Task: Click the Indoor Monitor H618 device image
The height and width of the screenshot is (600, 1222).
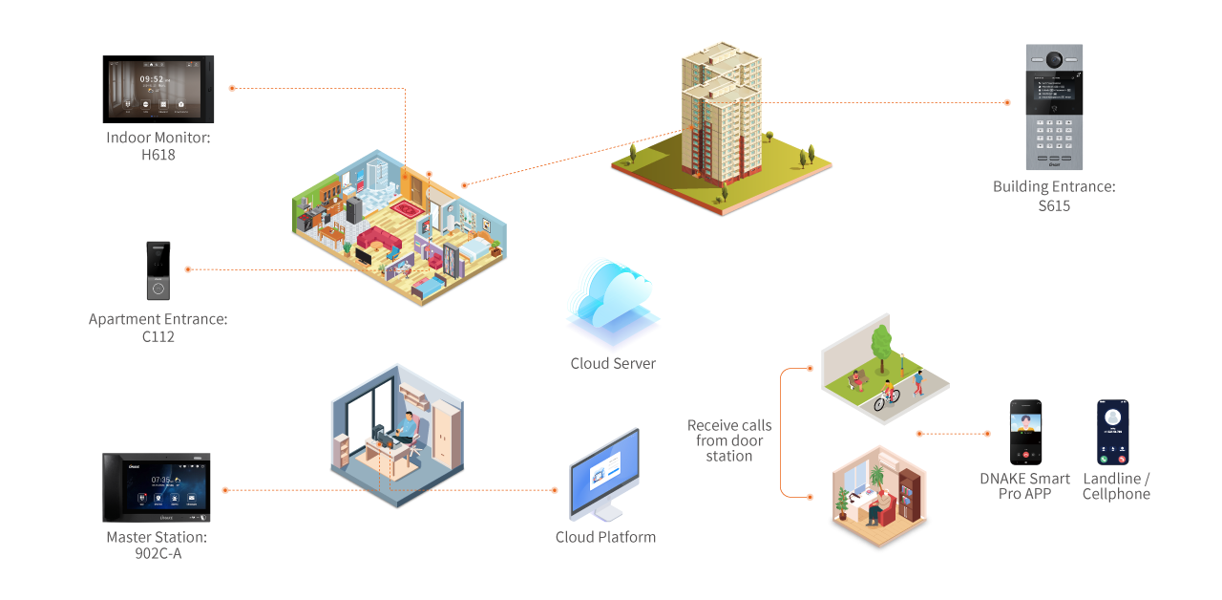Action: pyautogui.click(x=158, y=89)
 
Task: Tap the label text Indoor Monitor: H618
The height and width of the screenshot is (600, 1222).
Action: pyautogui.click(x=158, y=146)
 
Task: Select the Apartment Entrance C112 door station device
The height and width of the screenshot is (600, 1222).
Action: pyautogui.click(x=158, y=270)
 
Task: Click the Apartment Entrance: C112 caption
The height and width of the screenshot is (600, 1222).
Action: pyautogui.click(x=158, y=328)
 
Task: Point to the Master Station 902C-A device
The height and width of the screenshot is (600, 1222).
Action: pyautogui.click(x=157, y=487)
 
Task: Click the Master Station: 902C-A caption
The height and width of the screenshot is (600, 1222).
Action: pyautogui.click(x=157, y=545)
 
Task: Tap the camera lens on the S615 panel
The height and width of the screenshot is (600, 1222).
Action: pyautogui.click(x=1054, y=59)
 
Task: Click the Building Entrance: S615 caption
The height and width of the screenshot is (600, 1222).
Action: pyautogui.click(x=1054, y=196)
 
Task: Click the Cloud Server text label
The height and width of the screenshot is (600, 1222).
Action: pyautogui.click(x=613, y=364)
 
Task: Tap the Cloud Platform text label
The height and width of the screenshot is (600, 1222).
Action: pyautogui.click(x=605, y=537)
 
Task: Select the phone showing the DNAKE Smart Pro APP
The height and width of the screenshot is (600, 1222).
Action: pyautogui.click(x=1025, y=433)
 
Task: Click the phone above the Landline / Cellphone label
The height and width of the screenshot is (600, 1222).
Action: pyautogui.click(x=1112, y=433)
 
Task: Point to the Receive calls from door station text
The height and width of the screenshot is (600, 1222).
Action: pyautogui.click(x=729, y=440)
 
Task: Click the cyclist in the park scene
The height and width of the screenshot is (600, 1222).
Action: pyautogui.click(x=887, y=394)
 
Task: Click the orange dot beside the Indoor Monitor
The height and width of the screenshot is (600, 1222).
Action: pyautogui.click(x=232, y=88)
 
